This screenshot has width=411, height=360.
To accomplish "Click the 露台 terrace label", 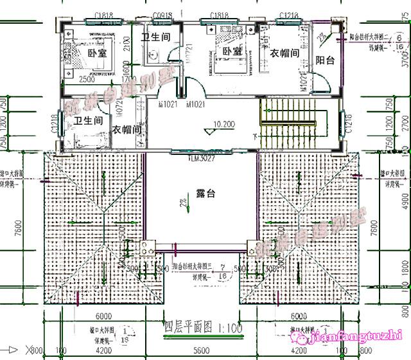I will [205, 194].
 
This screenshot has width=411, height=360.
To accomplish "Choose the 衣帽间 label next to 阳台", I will [284, 53].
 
